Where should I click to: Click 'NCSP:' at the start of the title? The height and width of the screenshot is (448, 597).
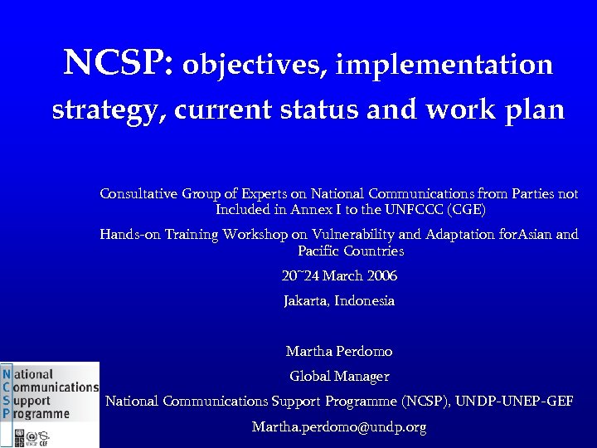tap(118, 63)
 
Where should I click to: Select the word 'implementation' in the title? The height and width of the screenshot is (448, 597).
tap(444, 64)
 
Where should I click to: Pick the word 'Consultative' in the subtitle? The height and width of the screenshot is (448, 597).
tap(138, 194)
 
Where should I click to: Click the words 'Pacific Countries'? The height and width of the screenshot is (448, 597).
tap(351, 251)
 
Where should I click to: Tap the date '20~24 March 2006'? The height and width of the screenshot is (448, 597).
tap(339, 275)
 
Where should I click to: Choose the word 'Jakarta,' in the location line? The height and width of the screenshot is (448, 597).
tap(307, 300)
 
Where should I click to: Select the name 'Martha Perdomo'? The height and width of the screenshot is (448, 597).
tap(339, 352)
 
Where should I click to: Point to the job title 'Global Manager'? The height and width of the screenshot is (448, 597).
tap(339, 377)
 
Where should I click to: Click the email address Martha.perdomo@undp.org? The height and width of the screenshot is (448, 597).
tap(339, 427)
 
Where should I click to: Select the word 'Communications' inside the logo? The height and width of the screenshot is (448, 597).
tap(56, 387)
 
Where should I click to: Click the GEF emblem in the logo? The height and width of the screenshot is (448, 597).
tap(44, 436)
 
